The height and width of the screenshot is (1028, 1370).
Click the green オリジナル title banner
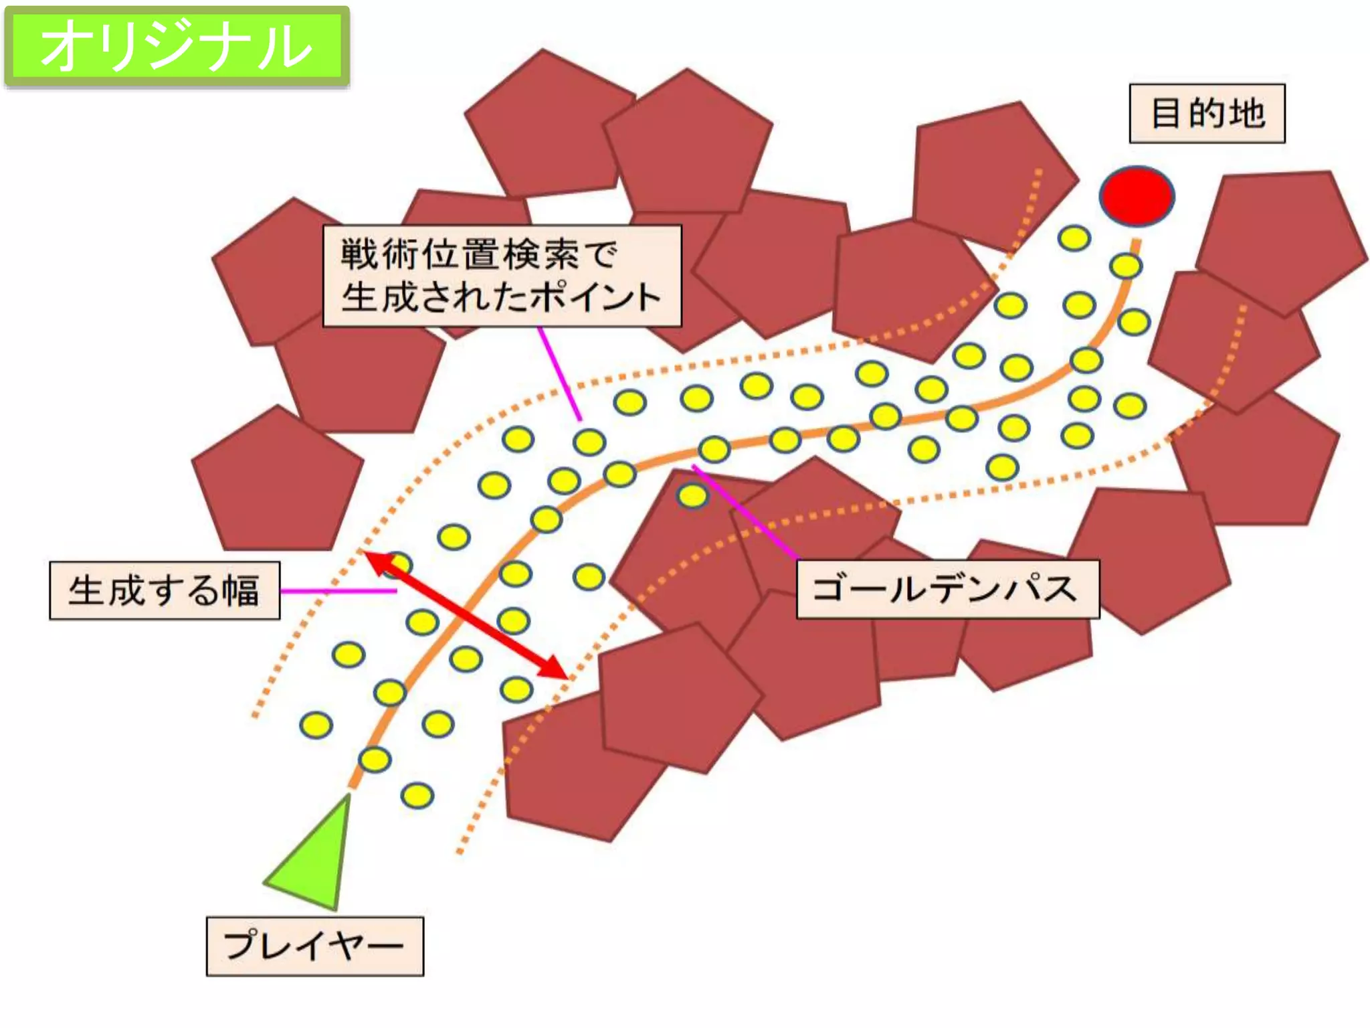pyautogui.click(x=177, y=46)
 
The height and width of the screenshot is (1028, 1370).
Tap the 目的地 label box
pyautogui.click(x=1207, y=113)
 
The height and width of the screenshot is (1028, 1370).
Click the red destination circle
pyautogui.click(x=1137, y=196)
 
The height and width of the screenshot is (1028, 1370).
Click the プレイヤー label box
pyautogui.click(x=314, y=946)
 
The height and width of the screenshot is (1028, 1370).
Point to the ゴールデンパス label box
pyautogui.click(x=947, y=589)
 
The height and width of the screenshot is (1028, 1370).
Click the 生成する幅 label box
pyautogui.click(x=165, y=590)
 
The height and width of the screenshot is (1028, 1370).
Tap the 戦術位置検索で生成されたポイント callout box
pyautogui.click(x=502, y=276)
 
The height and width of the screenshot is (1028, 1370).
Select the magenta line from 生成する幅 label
pyautogui.click(x=338, y=591)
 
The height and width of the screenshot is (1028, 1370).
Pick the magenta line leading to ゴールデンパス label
pyautogui.click(x=746, y=512)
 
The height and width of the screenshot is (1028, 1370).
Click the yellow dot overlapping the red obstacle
pyautogui.click(x=692, y=496)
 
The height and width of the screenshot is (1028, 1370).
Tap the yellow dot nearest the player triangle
pyautogui.click(x=374, y=760)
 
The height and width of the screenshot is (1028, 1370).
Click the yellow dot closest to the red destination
pyautogui.click(x=1126, y=266)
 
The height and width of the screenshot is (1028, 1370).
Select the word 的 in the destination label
pyautogui.click(x=1207, y=113)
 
